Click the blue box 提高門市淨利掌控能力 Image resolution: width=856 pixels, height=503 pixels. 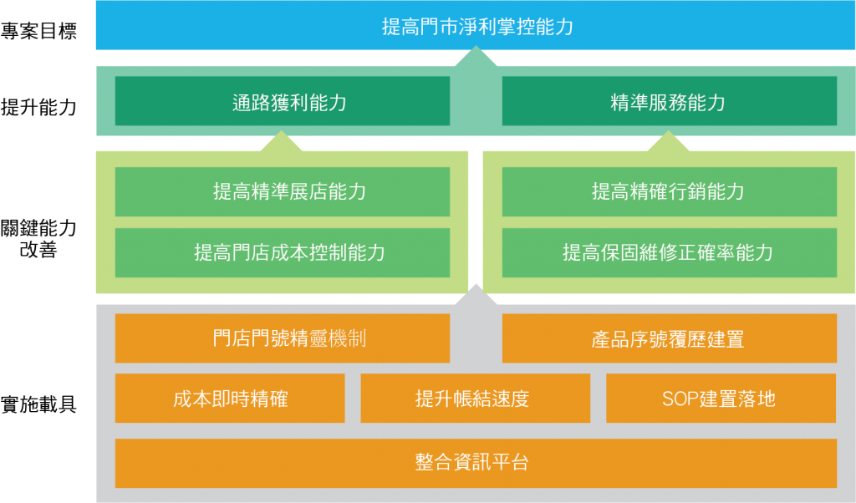coord(476,25)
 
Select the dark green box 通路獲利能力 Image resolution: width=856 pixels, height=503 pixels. coord(282,101)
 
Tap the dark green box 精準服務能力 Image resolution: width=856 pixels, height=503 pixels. coord(669,101)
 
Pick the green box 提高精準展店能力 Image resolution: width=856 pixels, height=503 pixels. coord(282,191)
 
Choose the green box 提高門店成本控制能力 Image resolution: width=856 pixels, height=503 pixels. coord(282,252)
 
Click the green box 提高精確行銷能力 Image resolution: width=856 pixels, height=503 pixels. coord(669,191)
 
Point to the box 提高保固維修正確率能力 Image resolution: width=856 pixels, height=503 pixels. coord(669,252)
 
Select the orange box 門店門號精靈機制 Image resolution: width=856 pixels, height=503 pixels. coord(282,338)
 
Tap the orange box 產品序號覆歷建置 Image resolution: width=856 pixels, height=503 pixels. coord(669,338)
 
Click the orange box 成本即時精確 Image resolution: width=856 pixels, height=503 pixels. coord(230,399)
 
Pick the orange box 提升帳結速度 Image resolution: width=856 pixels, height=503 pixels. coord(475,399)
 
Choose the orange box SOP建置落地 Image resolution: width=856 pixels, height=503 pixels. coord(721,399)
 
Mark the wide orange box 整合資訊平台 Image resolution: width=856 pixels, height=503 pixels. coord(476,463)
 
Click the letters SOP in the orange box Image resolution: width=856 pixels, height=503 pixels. coord(679,399)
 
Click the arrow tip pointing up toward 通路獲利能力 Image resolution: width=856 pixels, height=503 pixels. coord(282,136)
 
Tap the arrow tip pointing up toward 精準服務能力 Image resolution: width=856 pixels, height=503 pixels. coord(669,136)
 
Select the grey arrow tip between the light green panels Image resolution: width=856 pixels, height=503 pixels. coord(476,289)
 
